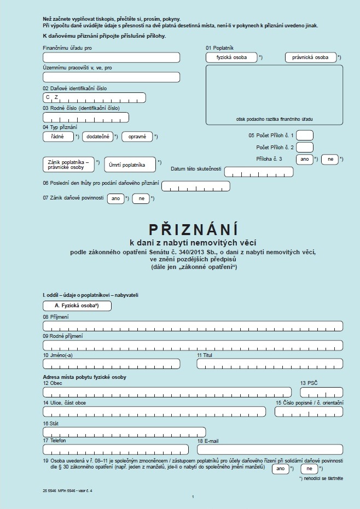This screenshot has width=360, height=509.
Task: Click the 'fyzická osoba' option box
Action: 231,57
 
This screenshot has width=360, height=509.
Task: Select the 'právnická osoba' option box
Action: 310,57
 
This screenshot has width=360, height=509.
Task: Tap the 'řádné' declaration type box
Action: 58,137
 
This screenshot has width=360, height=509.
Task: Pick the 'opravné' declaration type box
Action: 137,137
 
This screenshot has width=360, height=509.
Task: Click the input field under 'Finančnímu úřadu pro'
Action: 111,57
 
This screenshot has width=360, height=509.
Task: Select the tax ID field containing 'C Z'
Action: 94,97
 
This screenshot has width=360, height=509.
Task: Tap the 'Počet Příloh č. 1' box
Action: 304,135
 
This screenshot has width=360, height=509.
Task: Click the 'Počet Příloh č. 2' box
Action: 304,147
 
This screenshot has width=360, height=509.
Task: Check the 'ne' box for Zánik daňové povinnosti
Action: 141,199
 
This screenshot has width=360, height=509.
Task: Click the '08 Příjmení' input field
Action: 193,326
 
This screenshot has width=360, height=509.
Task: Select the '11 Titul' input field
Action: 270,364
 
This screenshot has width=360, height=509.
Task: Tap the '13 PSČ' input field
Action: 321,391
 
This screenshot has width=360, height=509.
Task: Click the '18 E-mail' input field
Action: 270,449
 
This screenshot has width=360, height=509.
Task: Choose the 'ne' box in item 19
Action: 309,469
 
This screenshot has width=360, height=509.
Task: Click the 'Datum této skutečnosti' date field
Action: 259,172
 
